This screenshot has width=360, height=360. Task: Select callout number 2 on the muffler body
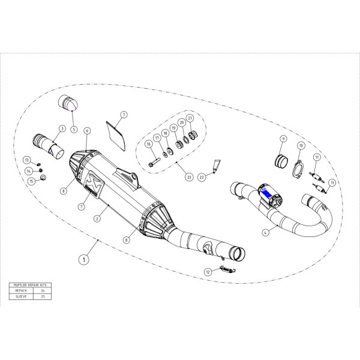pos(96,220)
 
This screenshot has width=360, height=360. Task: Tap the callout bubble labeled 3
pos(61,128)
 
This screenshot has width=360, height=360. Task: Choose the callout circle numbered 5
pos(73,128)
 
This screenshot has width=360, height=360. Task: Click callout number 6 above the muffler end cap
pos(87,130)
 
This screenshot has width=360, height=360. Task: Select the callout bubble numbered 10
pos(301,145)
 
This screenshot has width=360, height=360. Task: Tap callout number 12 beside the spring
pos(208,272)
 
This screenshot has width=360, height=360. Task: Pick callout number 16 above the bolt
pos(148,145)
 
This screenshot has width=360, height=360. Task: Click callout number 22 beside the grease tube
pos(202,178)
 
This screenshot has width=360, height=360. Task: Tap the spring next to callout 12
pos(226,268)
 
